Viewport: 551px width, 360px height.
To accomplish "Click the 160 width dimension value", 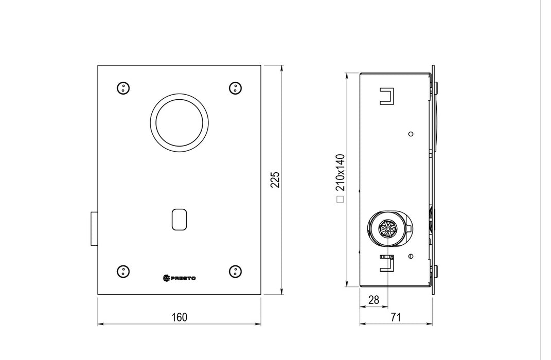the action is [179, 317].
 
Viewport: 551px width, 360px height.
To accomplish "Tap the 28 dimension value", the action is [374, 300].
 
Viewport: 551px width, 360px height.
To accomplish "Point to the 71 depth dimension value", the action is [396, 317].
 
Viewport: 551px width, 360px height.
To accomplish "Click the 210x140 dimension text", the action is [340, 172].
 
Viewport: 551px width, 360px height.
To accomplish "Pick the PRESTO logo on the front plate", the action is [179, 278].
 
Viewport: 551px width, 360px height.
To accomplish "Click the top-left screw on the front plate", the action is [123, 88].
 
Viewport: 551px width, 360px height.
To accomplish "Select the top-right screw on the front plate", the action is [235, 88].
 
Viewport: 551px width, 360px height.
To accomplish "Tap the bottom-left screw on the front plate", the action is [123, 271].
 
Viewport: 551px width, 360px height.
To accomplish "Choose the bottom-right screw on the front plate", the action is [235, 272].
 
